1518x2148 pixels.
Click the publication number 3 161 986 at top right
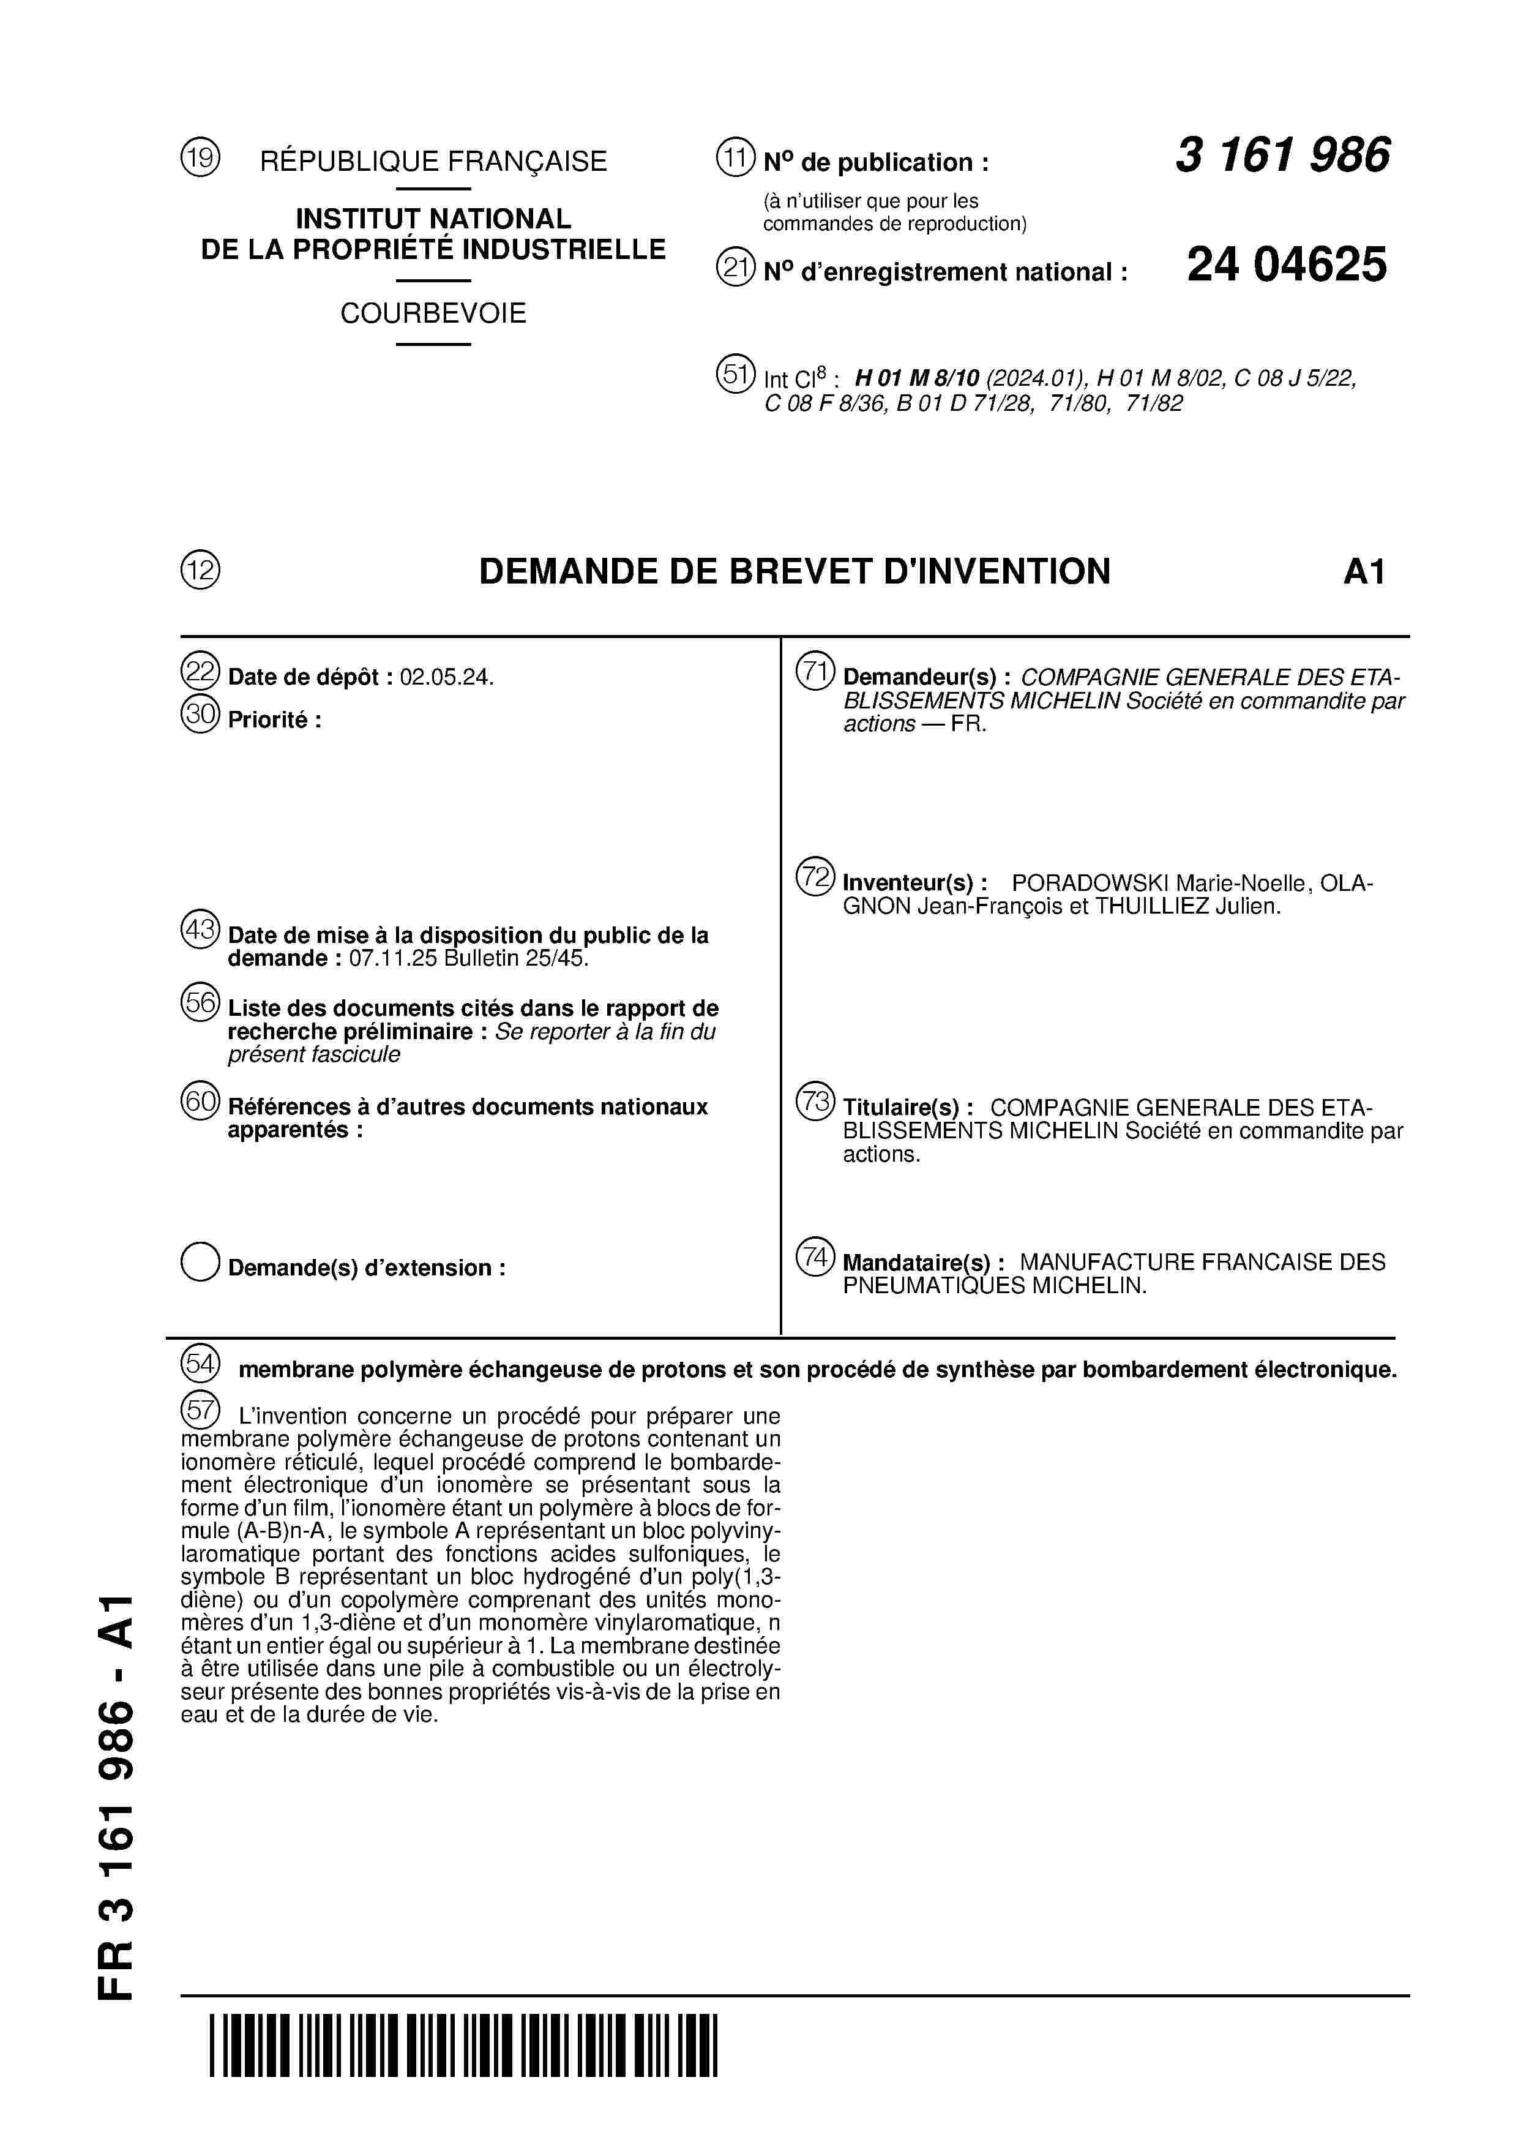[x=1282, y=156]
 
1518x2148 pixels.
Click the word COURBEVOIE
[x=433, y=314]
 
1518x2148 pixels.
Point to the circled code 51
[x=735, y=374]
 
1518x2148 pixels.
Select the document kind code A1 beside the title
[x=1364, y=572]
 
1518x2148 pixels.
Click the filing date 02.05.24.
[x=446, y=677]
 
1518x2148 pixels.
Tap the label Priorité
[x=274, y=720]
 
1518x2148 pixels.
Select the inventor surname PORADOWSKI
[x=1090, y=883]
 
